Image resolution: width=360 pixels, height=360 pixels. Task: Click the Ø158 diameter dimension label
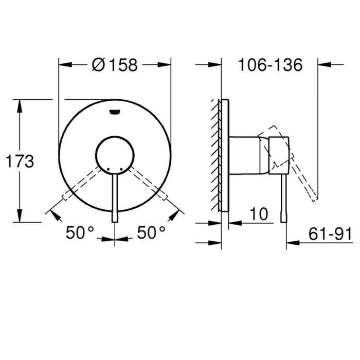pos(115,65)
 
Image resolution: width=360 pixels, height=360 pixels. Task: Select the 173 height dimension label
pos(20,161)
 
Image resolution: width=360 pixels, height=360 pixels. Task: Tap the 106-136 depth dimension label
pos(270,65)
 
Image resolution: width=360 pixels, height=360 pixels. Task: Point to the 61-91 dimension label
pos(330,233)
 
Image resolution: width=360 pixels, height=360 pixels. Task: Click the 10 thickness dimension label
pos(259,214)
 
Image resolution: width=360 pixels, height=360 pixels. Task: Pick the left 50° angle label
pos(80,232)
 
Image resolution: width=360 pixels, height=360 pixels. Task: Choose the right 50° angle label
pos(151,232)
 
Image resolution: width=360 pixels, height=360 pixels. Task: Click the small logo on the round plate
pos(115,112)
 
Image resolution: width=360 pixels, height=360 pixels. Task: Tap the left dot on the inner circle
pos(109,169)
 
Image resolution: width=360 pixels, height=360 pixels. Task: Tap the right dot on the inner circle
pos(121,169)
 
